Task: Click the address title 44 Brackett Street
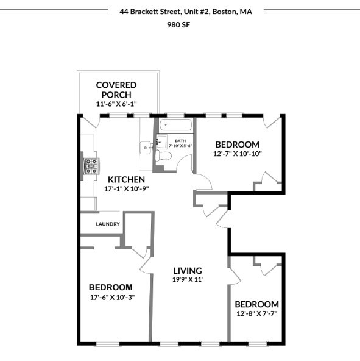point(186,11)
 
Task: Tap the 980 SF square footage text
point(179,25)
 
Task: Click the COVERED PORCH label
point(116,90)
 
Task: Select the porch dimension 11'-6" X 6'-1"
point(116,104)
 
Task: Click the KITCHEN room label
point(126,179)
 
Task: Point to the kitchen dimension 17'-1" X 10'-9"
point(126,189)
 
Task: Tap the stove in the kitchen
point(91,166)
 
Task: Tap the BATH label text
point(181,140)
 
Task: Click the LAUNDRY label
point(108,224)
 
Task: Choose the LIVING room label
point(187,271)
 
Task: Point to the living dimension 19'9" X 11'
point(187,279)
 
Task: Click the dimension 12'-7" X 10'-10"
point(237,154)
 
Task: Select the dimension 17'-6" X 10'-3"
point(110,297)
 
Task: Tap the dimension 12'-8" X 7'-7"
point(256,313)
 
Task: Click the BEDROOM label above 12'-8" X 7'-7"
point(256,304)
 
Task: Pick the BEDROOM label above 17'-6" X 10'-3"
point(110,287)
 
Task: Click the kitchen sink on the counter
point(146,147)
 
